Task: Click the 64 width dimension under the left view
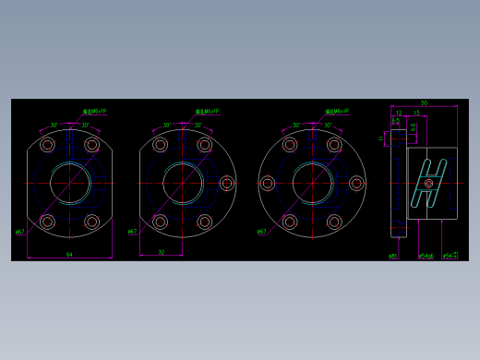tap(69, 254)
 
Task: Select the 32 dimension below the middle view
tap(161, 251)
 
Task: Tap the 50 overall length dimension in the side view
tap(424, 103)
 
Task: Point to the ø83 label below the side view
tap(392, 256)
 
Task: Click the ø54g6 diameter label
tap(426, 256)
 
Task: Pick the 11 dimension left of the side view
tap(381, 138)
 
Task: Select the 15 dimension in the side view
tap(416, 114)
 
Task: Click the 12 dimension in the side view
tap(399, 114)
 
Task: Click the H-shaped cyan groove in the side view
tap(429, 183)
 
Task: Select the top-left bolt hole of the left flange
tap(48, 145)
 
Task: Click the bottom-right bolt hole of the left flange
tap(91, 222)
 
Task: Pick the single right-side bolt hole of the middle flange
tap(227, 184)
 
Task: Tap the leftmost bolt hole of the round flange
tap(268, 184)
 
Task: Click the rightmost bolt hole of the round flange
tap(356, 184)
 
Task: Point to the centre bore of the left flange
tap(69, 183)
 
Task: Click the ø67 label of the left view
tap(19, 232)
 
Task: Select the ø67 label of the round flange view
tap(261, 232)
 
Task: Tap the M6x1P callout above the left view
tap(94, 112)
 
